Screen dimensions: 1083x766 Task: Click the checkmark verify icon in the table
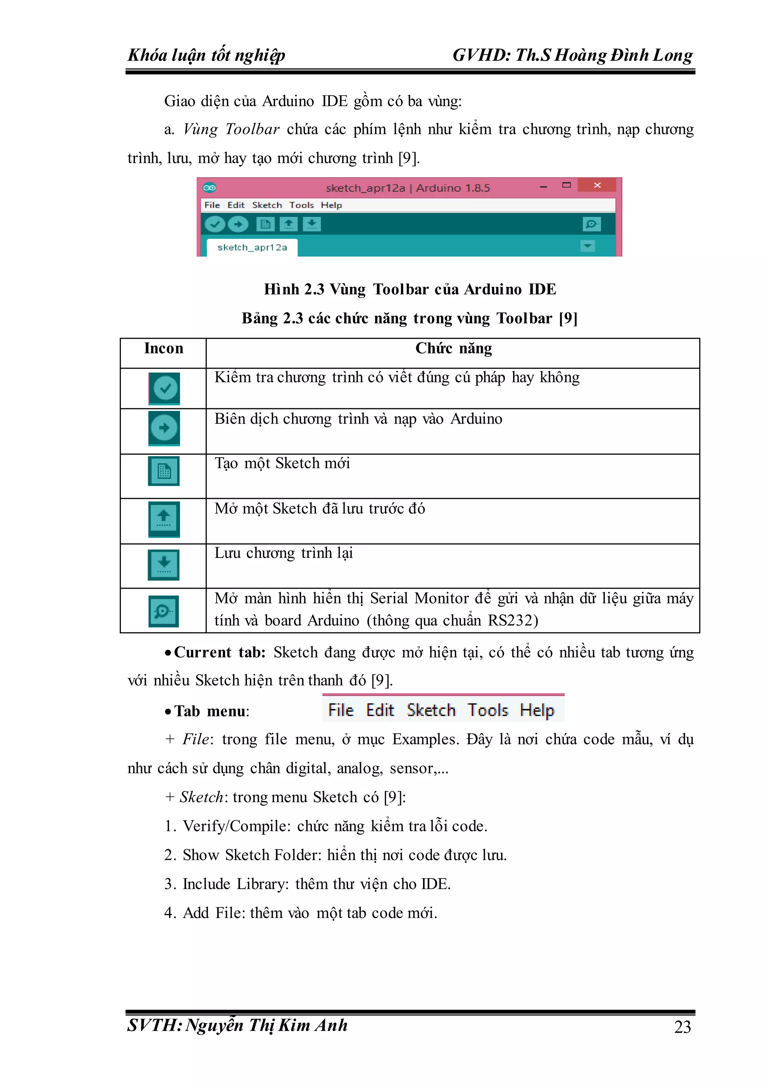click(x=164, y=388)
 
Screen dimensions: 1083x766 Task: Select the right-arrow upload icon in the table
click(x=164, y=428)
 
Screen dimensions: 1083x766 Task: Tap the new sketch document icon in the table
click(x=164, y=471)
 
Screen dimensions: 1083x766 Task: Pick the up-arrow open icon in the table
click(x=164, y=518)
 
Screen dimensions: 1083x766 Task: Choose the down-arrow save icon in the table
click(x=164, y=564)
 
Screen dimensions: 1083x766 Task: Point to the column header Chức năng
click(x=453, y=349)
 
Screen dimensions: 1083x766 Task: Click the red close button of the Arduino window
click(x=597, y=185)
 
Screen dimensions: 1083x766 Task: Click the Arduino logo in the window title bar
click(x=209, y=188)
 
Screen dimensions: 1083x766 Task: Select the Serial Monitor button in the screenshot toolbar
click(x=591, y=224)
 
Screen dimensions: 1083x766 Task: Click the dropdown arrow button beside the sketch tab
click(x=587, y=246)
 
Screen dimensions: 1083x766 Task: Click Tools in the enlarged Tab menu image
click(x=487, y=710)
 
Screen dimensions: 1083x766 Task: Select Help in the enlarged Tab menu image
click(x=537, y=710)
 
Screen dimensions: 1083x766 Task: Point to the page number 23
click(x=682, y=1027)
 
